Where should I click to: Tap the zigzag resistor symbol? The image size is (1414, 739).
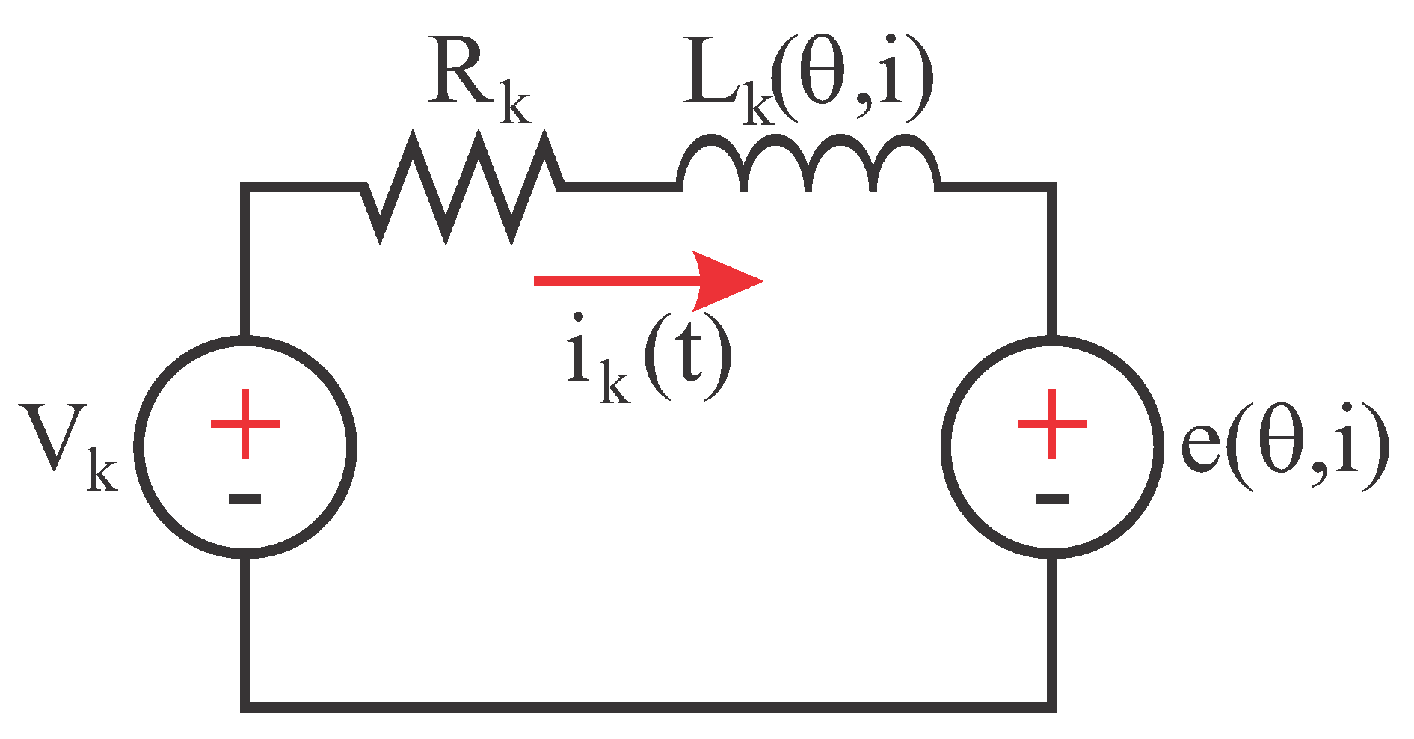point(462,187)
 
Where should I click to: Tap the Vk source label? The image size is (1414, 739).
point(67,449)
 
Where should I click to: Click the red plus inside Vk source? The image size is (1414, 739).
point(245,424)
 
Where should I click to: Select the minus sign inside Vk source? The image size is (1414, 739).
point(245,499)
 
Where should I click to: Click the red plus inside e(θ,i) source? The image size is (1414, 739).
point(1051,424)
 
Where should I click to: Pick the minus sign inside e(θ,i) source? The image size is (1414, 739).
point(1051,499)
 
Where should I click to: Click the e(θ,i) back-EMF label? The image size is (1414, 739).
point(1282,449)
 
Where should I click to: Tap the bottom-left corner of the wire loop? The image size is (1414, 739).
point(245,706)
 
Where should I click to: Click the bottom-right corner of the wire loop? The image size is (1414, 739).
point(1051,706)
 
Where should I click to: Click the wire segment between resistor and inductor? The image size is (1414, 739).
point(621,186)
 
